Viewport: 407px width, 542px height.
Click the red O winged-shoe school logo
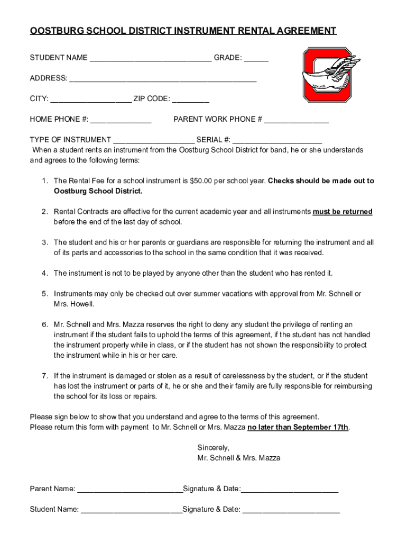(x=327, y=75)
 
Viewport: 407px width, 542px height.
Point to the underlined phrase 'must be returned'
(x=343, y=212)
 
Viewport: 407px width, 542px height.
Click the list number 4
(x=45, y=273)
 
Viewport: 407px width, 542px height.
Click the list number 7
(x=45, y=376)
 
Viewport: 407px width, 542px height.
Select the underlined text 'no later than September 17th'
(x=298, y=427)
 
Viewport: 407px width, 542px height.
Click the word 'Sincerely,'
(x=213, y=448)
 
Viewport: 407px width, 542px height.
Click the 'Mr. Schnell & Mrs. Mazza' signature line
(x=238, y=458)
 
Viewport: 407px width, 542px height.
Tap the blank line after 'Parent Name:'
(x=129, y=490)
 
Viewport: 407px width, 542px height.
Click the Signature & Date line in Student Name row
(x=291, y=510)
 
